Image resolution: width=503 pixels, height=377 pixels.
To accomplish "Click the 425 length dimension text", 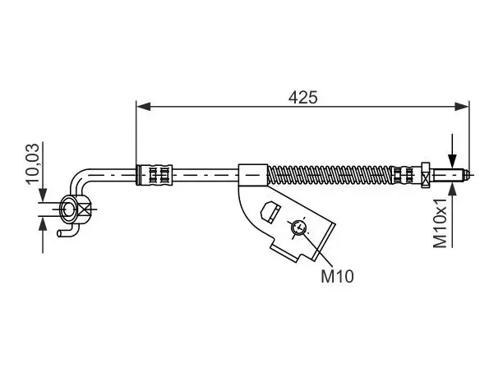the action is tap(302, 97).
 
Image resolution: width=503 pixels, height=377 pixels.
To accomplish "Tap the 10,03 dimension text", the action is tap(33, 163).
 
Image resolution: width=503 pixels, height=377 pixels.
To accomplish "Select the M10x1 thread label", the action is tap(440, 223).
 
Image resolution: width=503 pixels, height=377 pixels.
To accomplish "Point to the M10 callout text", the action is tap(337, 276).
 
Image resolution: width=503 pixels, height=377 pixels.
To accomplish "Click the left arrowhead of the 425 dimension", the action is tap(143, 107).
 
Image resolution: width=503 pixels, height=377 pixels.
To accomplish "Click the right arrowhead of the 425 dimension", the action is tap(462, 107).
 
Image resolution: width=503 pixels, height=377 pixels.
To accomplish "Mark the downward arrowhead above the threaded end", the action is tap(452, 161).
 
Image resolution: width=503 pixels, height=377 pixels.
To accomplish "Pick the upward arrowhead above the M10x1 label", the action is tap(452, 190).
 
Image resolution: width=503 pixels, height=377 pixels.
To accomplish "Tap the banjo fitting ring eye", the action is tap(68, 209).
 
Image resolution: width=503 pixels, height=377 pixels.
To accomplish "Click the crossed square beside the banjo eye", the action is tap(84, 209).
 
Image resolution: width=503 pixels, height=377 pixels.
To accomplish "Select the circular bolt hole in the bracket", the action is tap(299, 228).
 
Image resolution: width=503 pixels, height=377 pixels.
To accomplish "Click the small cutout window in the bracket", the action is tap(270, 212).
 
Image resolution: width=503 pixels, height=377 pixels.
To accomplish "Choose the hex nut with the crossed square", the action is tap(426, 175).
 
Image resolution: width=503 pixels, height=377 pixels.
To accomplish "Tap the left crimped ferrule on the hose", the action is tap(155, 175).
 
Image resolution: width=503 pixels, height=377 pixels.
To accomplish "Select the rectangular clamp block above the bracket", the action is tap(253, 175).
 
